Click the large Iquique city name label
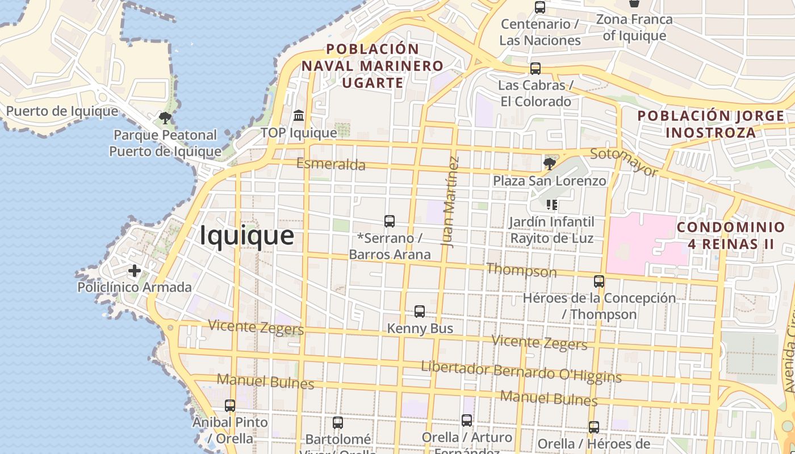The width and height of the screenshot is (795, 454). click(x=246, y=235)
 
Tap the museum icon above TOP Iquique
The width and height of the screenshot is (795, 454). click(x=299, y=116)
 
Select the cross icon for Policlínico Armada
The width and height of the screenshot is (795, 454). click(x=135, y=271)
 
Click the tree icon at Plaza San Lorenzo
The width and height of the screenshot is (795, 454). click(x=549, y=164)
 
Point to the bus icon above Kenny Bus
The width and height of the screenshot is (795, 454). click(x=420, y=311)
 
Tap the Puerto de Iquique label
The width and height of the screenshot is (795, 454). click(x=62, y=111)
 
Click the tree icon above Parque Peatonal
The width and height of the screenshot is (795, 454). click(x=165, y=118)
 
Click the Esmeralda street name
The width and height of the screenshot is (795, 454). click(x=331, y=165)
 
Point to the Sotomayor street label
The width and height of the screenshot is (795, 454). click(x=624, y=162)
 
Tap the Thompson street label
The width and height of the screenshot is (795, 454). click(x=521, y=270)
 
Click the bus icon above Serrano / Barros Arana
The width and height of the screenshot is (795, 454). click(x=389, y=221)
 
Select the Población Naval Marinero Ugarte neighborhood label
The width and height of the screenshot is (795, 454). click(x=372, y=66)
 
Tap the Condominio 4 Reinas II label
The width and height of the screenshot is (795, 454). click(x=731, y=236)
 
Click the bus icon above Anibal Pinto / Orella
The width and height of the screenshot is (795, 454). click(x=230, y=406)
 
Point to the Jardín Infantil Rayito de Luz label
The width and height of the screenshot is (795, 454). click(x=551, y=230)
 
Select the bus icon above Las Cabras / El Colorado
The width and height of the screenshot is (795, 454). click(x=535, y=69)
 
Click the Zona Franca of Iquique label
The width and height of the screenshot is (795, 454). click(x=634, y=27)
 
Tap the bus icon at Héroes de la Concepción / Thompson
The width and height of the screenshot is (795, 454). click(x=599, y=281)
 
